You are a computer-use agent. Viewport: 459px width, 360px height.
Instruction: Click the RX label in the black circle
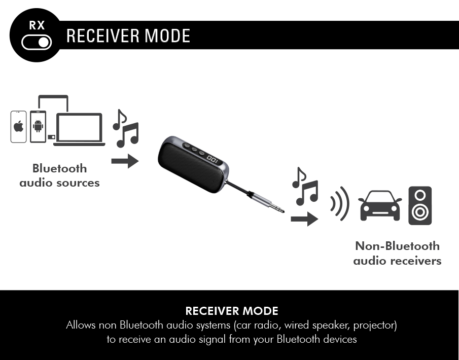pos(37,25)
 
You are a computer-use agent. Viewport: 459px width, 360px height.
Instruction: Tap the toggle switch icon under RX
pos(37,43)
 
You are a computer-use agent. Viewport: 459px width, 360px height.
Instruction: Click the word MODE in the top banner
pos(167,35)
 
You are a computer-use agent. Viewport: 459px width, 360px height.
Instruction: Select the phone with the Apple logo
pos(18,127)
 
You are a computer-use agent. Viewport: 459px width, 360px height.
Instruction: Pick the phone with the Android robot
pos(38,126)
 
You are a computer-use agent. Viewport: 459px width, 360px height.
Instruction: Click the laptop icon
pos(79,129)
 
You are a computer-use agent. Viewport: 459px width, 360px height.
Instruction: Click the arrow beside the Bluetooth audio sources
pos(125,161)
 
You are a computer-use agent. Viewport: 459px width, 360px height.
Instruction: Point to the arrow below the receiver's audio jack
pos(304,219)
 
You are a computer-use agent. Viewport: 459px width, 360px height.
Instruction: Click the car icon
pos(380,205)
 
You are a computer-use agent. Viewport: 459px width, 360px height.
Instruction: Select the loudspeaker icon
pos(420,206)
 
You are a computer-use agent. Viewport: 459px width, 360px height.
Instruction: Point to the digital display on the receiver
pos(213,160)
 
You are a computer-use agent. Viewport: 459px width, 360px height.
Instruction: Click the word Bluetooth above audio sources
pos(59,168)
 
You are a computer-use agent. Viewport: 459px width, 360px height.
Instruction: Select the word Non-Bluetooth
pos(397,246)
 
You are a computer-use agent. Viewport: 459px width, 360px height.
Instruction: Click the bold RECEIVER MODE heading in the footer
pos(232,311)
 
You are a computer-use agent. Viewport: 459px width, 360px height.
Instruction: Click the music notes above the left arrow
pos(126,128)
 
